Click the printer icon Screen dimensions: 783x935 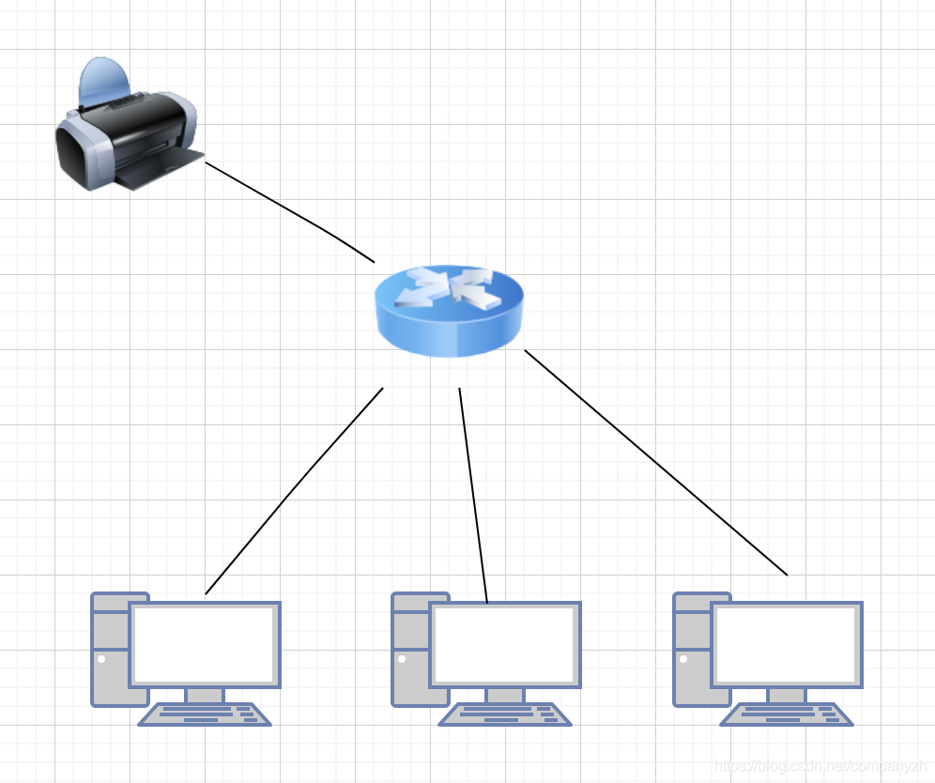(x=127, y=131)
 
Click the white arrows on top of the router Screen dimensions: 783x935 (x=449, y=286)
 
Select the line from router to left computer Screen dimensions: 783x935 (x=293, y=490)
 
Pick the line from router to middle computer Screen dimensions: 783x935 (x=473, y=494)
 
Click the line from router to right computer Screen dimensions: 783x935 (x=655, y=462)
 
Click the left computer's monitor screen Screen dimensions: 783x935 (x=204, y=644)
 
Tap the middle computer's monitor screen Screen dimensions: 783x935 (x=504, y=644)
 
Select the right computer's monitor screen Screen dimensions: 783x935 (x=786, y=644)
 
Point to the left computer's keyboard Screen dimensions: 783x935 (x=205, y=714)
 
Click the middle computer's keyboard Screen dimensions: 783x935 (x=505, y=714)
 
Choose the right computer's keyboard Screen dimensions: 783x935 (x=787, y=714)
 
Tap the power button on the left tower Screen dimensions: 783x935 (x=101, y=658)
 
